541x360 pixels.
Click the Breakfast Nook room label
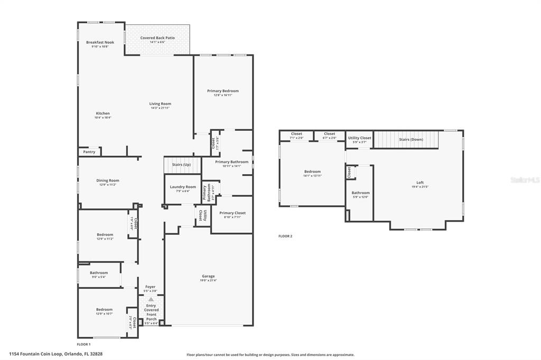coord(100,42)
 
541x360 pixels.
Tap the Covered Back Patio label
coord(157,38)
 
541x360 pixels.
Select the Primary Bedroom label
coord(223,91)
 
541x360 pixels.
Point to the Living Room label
coord(160,103)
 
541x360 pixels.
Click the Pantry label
coord(89,152)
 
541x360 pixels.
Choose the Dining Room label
coord(107,181)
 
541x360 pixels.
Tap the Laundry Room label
coord(183,187)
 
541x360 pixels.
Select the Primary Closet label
coord(232,213)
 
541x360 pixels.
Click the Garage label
coord(208,276)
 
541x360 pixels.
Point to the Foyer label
coord(151,287)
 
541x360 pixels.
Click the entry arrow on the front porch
coord(151,299)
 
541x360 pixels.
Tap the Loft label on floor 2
coord(421,183)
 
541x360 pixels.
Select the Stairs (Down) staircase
coord(411,139)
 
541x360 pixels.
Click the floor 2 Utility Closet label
coord(360,138)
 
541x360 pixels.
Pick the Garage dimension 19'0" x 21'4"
coord(208,280)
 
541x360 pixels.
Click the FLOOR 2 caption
coord(285,236)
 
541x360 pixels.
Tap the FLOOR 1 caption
coord(84,344)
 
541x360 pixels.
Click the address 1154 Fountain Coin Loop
coord(55,354)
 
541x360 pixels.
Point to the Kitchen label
coord(102,113)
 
